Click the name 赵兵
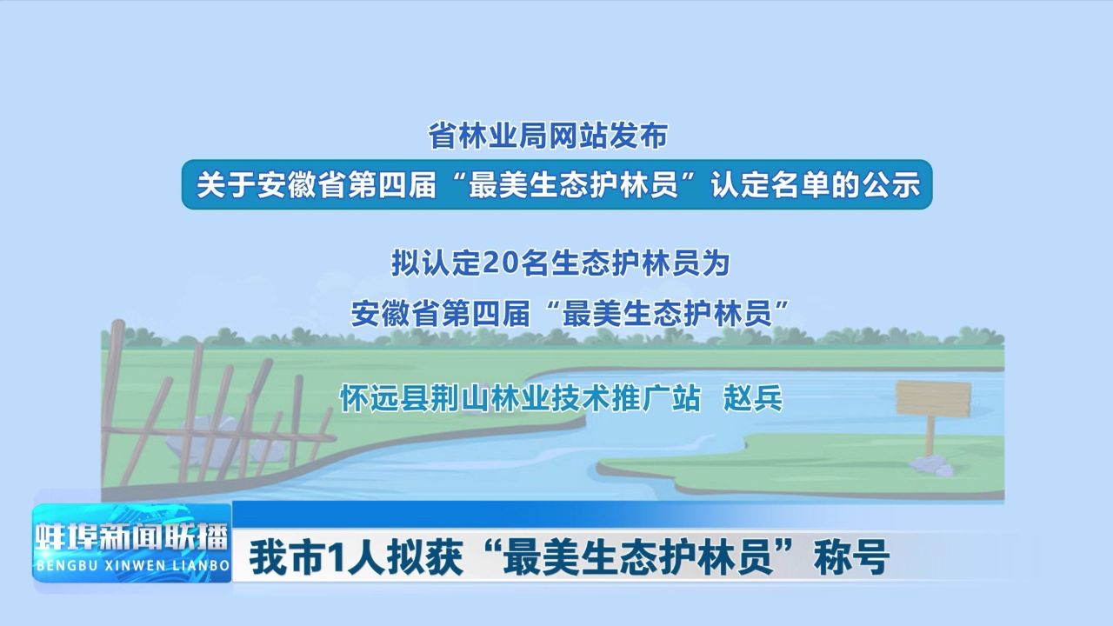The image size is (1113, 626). coord(753,398)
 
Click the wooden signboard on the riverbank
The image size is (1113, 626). coord(933,398)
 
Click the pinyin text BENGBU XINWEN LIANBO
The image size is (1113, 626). coord(132,566)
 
